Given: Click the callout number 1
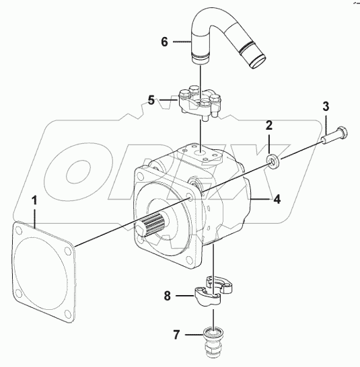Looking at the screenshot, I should point(36,201).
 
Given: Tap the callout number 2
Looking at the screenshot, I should point(268,126).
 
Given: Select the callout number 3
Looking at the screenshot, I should point(326,106).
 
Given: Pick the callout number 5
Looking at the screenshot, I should point(152,101).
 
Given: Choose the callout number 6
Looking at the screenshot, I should point(164,42).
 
